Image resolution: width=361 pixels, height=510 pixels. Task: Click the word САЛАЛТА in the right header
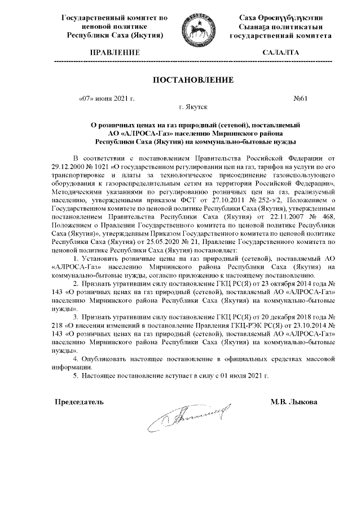coord(280,52)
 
